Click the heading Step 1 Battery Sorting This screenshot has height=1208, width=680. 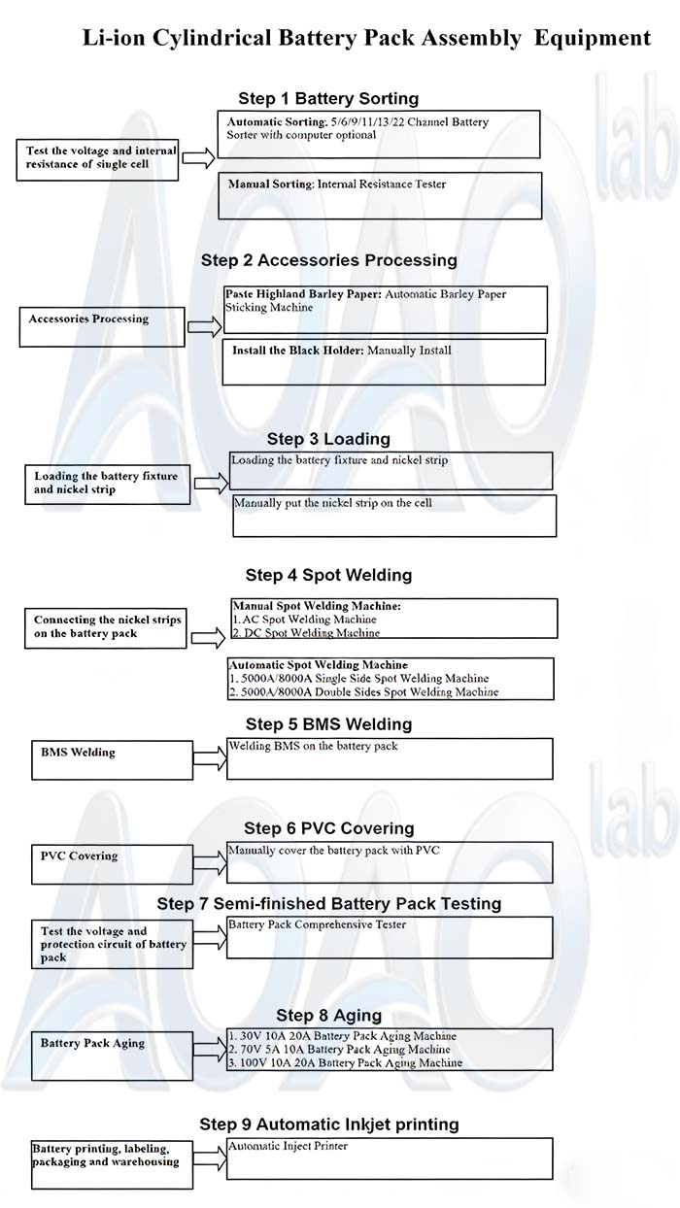328,98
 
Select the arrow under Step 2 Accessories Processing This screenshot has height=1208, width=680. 204,327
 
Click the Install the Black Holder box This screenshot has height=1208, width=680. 384,361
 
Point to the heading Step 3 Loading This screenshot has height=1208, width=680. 328,439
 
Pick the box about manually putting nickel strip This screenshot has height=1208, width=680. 394,516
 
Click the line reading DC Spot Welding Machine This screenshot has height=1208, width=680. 305,633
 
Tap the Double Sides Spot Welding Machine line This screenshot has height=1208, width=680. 363,692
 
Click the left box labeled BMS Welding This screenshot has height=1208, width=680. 112,759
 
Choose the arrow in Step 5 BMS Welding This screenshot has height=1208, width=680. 209,758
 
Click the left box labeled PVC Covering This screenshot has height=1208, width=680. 112,863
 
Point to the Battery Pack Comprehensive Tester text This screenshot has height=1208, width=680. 317,924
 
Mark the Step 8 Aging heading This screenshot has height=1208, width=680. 328,1015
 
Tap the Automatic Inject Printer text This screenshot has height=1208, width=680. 288,1146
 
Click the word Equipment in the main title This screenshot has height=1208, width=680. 593,38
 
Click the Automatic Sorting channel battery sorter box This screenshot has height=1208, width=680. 379,134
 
